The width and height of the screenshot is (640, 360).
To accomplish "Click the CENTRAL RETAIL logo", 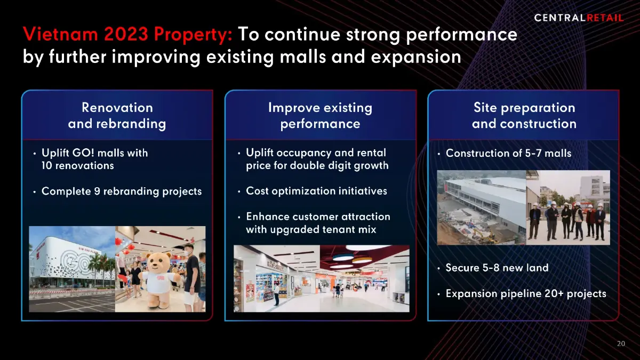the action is pos(579,18).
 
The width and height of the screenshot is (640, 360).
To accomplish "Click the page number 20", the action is pos(621,343).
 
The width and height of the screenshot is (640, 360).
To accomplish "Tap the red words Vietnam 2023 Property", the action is pos(127,35).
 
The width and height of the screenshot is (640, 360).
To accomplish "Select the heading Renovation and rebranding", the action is pos(117,116).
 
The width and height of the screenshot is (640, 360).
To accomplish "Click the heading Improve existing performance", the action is pos(321,116).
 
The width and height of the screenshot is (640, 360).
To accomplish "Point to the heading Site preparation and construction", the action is pos(524,116).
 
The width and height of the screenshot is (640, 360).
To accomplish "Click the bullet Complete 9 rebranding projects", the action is pos(122,191).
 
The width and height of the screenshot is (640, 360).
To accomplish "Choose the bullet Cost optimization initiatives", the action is pos(316,191).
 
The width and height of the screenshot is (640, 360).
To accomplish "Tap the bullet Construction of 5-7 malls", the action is pos(508,153).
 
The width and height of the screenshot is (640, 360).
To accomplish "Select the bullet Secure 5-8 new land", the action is pos(497,268).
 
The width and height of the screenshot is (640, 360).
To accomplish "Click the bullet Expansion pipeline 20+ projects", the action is pos(526,294).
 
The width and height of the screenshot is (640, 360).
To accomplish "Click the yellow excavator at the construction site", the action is pos(483,235).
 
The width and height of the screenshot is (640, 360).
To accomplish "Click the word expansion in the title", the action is pos(416,57).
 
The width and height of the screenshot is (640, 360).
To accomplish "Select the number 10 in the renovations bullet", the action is pos(46,166).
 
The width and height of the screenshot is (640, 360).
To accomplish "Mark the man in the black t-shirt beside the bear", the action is pos(191,277).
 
